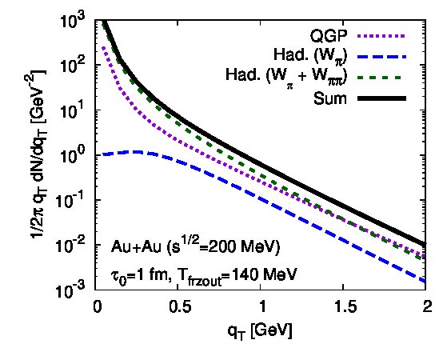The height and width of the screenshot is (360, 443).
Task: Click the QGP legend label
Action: [329, 36]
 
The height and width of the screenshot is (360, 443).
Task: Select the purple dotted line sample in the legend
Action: [381, 36]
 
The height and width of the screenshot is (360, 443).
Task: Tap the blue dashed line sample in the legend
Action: [381, 57]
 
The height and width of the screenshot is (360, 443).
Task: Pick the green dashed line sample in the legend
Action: [381, 77]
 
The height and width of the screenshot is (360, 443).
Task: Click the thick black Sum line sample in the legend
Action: [381, 98]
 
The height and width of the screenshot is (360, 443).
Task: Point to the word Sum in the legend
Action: [329, 98]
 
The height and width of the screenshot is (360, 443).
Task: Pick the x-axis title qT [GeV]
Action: [260, 331]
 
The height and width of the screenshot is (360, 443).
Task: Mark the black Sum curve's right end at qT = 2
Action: [425, 245]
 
